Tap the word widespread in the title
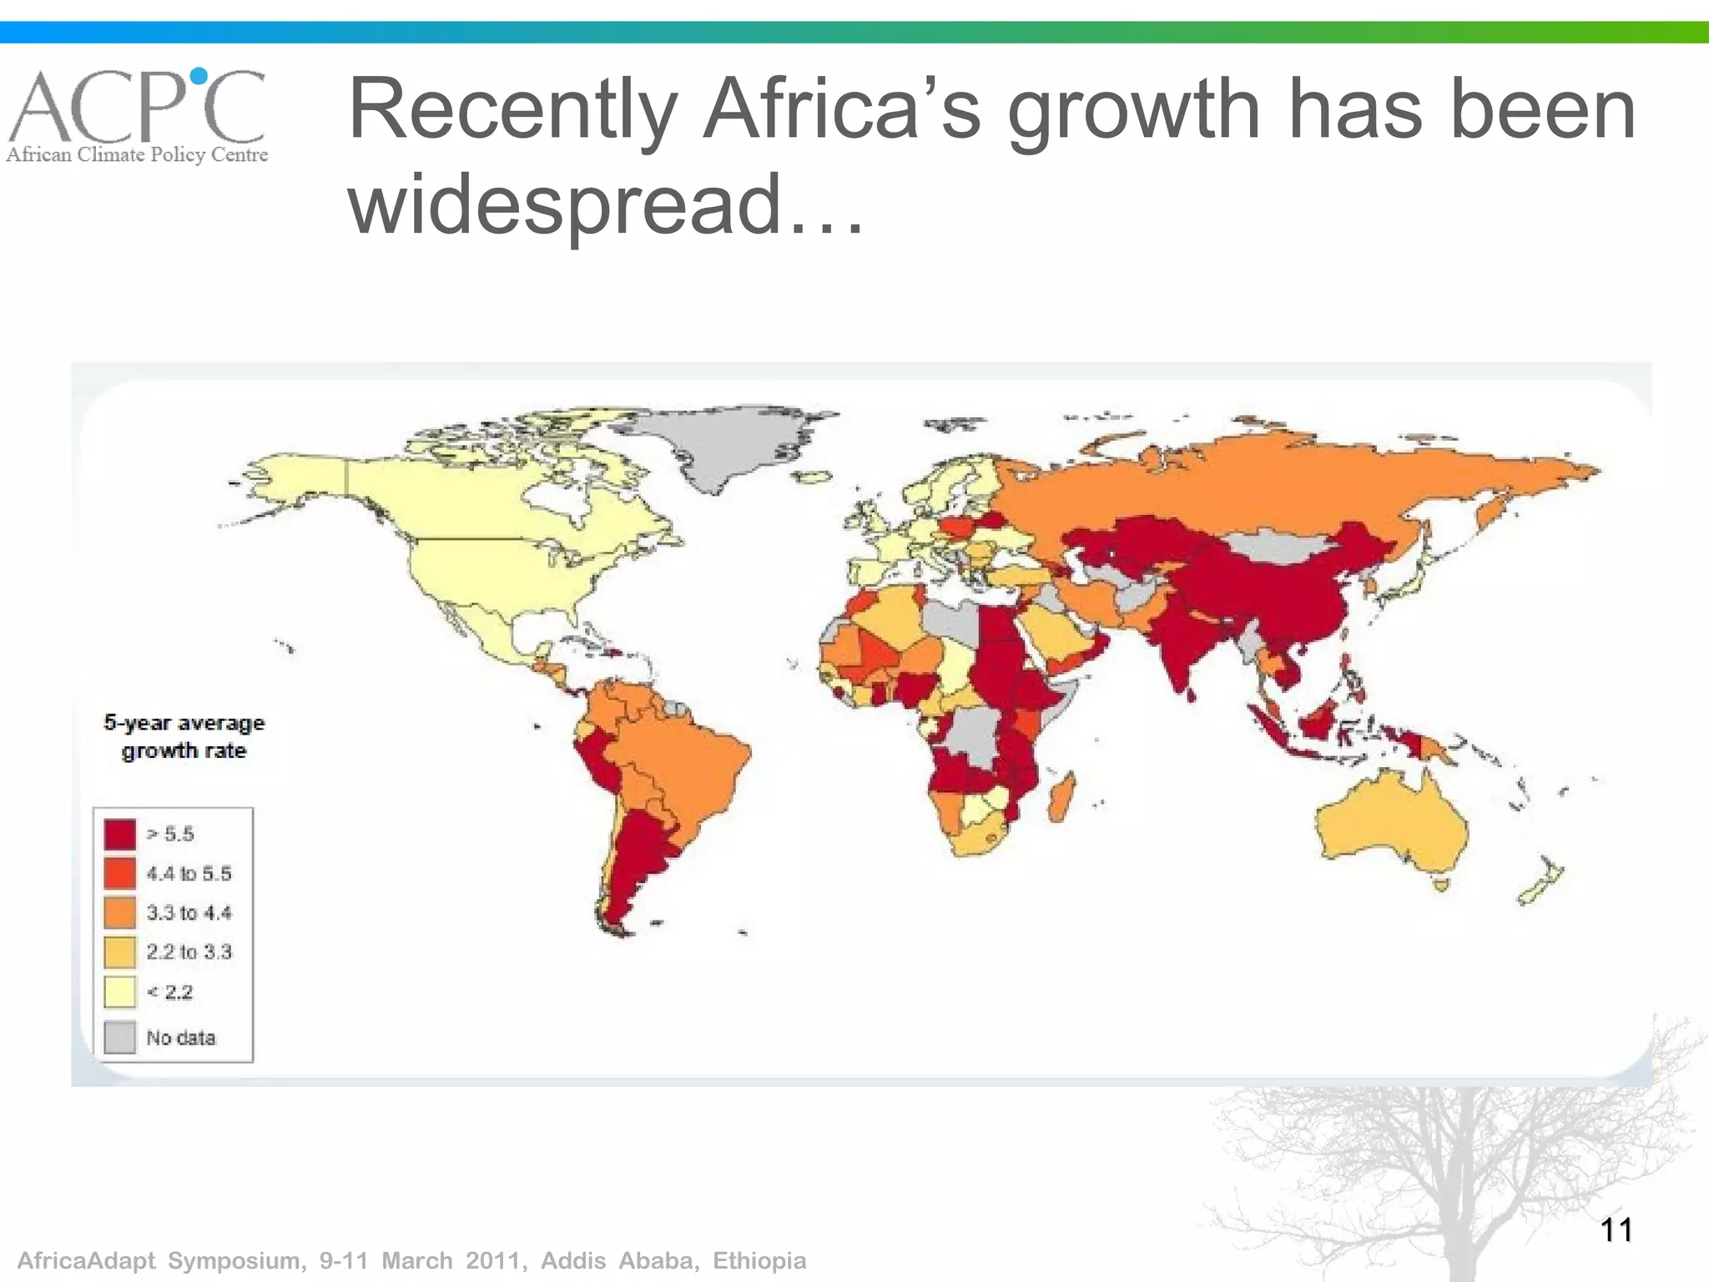click(x=564, y=204)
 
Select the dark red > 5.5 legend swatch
click(x=120, y=834)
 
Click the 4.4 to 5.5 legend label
click(x=189, y=874)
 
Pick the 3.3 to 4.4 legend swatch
click(x=120, y=912)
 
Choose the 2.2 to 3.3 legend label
click(x=189, y=952)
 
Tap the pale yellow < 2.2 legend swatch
click(x=120, y=992)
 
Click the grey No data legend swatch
click(x=120, y=1037)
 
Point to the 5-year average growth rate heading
click(x=184, y=736)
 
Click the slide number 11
click(x=1616, y=1229)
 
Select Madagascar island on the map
click(x=1061, y=797)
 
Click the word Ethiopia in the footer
click(x=759, y=1260)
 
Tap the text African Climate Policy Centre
click(x=138, y=154)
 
